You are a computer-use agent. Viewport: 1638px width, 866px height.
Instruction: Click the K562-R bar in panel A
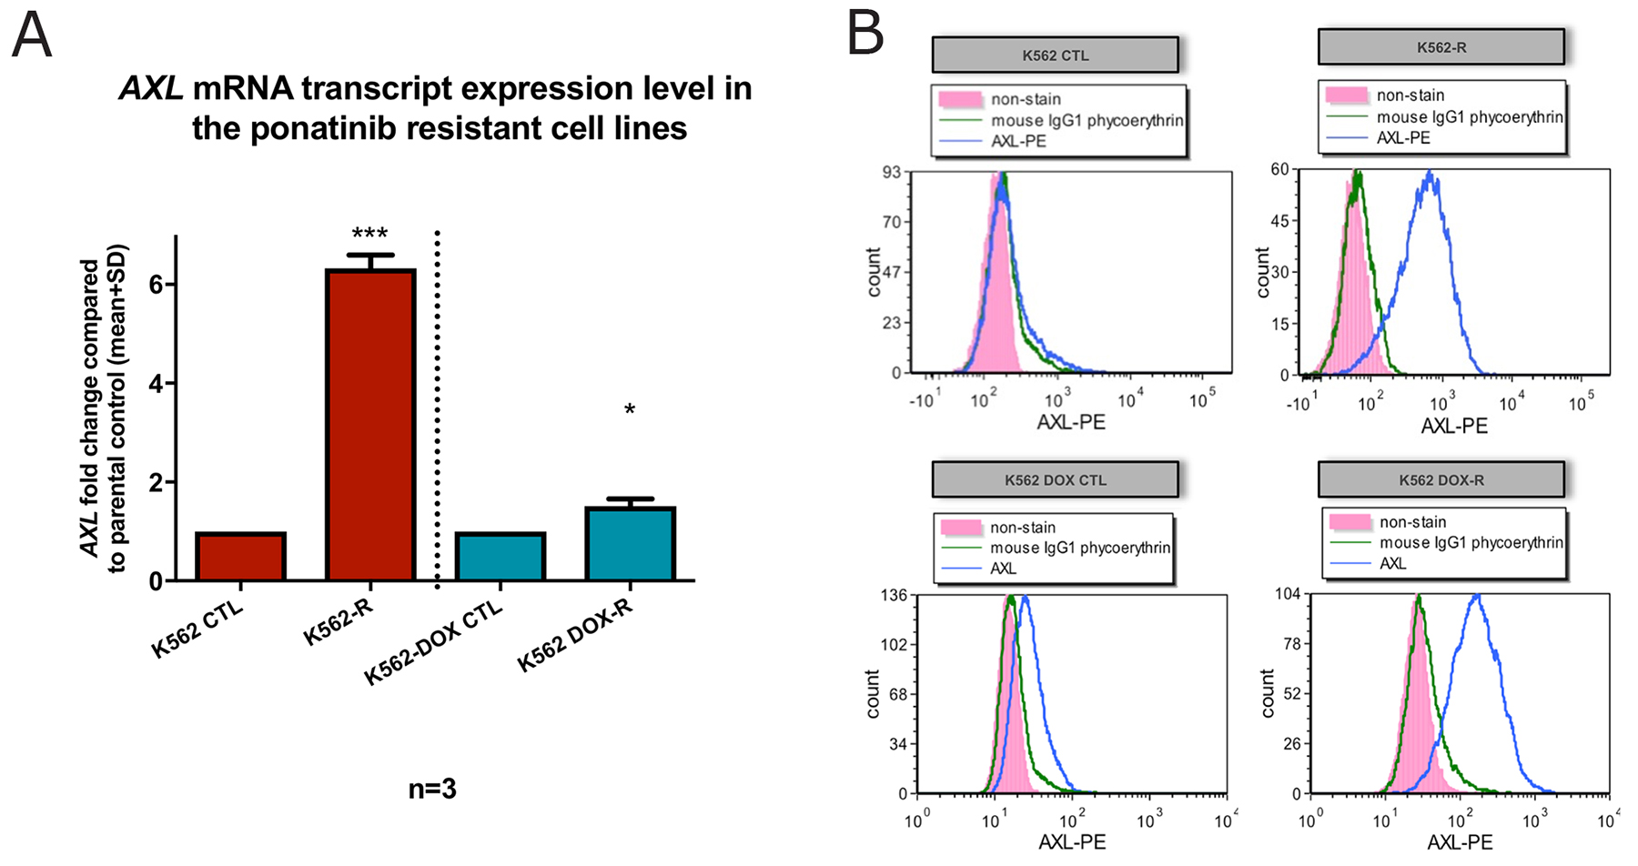[x=370, y=425]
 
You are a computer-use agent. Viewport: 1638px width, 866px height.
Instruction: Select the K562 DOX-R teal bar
[x=630, y=544]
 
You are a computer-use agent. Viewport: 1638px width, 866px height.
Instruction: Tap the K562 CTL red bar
[x=240, y=557]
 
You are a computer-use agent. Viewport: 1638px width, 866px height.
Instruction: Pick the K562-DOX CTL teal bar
[x=500, y=557]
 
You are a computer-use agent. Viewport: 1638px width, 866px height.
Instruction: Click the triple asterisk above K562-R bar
[x=369, y=234]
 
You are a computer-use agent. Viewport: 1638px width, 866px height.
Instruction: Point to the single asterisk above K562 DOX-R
[x=630, y=410]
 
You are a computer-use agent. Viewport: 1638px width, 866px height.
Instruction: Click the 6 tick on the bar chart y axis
[x=157, y=285]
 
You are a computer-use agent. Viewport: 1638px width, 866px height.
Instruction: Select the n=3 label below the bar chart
[x=432, y=789]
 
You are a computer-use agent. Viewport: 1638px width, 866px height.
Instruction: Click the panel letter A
[x=31, y=36]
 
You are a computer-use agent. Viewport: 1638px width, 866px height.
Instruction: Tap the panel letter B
[x=864, y=35]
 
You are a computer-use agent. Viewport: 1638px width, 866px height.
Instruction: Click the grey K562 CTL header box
[x=1055, y=55]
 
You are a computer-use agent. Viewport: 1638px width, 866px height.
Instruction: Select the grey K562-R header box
[x=1441, y=47]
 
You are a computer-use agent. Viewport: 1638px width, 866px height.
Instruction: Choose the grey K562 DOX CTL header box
[x=1055, y=480]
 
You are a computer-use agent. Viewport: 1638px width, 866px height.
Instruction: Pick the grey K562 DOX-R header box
[x=1441, y=480]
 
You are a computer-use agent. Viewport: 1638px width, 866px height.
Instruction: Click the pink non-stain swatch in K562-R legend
[x=1347, y=96]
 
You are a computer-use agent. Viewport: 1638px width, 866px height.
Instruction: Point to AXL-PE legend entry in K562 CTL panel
[x=1018, y=141]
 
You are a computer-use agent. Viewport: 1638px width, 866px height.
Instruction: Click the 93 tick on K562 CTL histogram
[x=891, y=172]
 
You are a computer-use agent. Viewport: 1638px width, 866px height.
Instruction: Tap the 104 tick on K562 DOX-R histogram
[x=1288, y=594]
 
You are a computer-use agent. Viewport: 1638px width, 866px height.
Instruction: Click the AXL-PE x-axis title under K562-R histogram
[x=1454, y=426]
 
